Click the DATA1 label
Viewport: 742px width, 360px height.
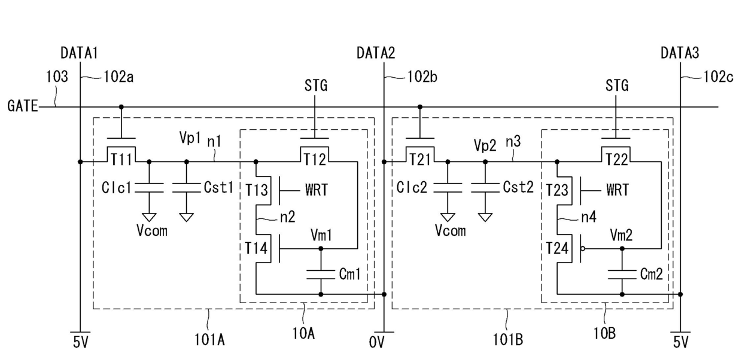point(79,53)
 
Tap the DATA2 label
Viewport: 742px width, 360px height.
point(376,53)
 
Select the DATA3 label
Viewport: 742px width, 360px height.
point(680,53)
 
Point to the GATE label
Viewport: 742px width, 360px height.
point(23,106)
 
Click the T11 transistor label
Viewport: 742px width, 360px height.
point(121,160)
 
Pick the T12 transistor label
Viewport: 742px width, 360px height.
point(315,160)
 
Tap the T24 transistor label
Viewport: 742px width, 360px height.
point(557,248)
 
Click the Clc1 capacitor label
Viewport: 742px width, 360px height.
point(116,188)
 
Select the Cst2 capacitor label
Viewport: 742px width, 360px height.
point(518,187)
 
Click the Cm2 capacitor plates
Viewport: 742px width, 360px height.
point(622,274)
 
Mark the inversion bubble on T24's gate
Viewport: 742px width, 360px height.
point(583,248)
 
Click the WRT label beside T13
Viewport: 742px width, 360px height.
point(317,190)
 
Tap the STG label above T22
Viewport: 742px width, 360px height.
point(617,86)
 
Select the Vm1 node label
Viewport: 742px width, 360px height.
point(321,236)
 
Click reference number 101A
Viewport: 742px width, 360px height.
point(209,340)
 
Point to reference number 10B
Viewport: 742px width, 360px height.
point(604,334)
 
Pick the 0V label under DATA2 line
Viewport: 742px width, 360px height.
point(376,343)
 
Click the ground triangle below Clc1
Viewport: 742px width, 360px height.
point(149,217)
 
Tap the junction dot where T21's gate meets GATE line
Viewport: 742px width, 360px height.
point(420,107)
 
